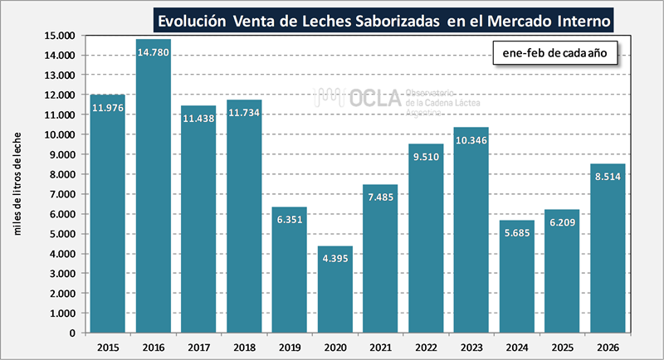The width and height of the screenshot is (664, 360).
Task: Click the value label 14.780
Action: click(x=153, y=53)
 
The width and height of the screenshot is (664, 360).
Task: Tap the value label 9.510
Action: click(x=426, y=157)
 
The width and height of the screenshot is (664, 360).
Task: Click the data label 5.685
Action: click(x=517, y=233)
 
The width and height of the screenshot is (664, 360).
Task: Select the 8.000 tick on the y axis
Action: click(x=63, y=174)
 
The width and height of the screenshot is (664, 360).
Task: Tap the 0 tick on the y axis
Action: click(x=74, y=333)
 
